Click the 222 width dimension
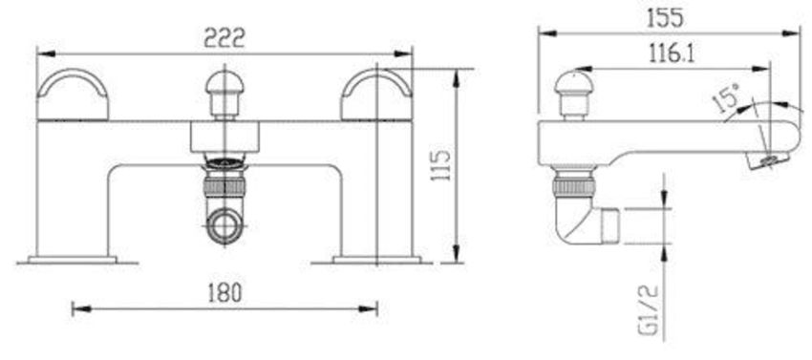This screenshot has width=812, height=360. click(x=224, y=37)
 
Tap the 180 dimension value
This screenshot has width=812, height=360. click(x=224, y=293)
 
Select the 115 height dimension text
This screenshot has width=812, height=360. click(x=441, y=165)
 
